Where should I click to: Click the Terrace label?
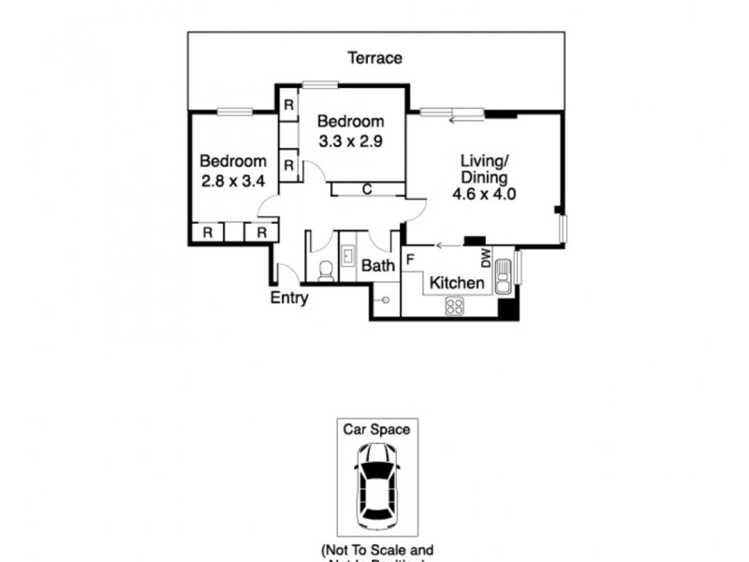(375, 58)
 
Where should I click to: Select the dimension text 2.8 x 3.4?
(233, 181)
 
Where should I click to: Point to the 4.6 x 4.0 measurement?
(483, 195)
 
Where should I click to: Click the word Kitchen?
(456, 283)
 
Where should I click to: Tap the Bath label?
(378, 266)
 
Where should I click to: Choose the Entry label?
(289, 299)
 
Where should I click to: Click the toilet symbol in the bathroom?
(325, 270)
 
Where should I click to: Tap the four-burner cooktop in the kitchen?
(455, 304)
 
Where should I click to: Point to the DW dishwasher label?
(486, 258)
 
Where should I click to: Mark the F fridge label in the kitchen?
(410, 258)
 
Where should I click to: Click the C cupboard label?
(367, 189)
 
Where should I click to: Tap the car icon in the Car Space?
(377, 484)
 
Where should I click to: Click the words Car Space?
(377, 430)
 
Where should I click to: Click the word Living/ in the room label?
(483, 161)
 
